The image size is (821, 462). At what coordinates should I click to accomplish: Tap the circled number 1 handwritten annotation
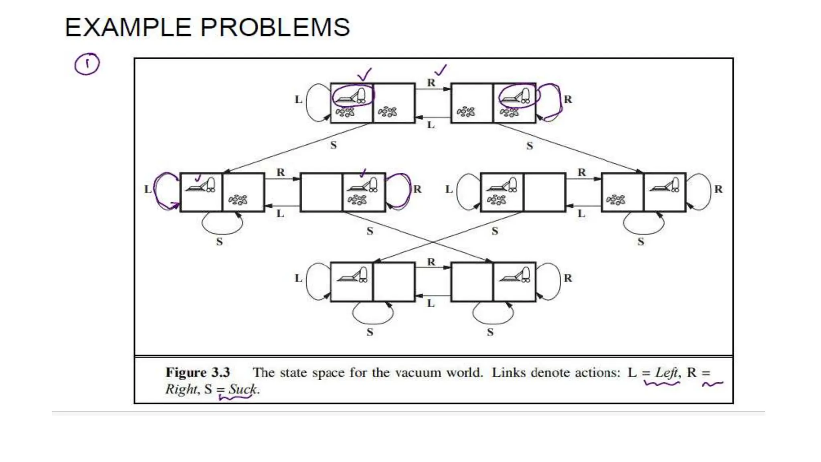click(x=87, y=64)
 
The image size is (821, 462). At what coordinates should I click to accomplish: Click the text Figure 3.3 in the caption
click(x=198, y=372)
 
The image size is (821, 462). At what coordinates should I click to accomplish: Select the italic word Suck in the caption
click(x=243, y=389)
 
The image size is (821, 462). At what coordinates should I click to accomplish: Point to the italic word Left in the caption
click(x=666, y=372)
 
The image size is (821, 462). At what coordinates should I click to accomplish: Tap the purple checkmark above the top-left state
click(x=364, y=75)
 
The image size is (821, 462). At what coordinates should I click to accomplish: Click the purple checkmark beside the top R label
click(x=441, y=71)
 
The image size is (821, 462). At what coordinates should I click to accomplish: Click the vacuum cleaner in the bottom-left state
click(x=353, y=275)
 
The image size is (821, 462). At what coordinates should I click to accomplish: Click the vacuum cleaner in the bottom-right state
click(x=515, y=275)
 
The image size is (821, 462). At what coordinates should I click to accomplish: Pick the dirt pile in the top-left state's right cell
click(x=387, y=111)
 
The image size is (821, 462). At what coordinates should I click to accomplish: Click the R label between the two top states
click(x=431, y=83)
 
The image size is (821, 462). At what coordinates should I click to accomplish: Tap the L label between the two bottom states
click(x=431, y=303)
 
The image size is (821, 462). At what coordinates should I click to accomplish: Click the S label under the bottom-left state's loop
click(x=370, y=332)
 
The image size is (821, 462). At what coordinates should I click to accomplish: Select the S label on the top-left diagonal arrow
click(x=333, y=145)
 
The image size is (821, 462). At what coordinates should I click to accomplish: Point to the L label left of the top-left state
click(x=298, y=99)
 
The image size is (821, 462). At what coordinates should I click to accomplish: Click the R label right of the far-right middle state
click(x=718, y=189)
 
